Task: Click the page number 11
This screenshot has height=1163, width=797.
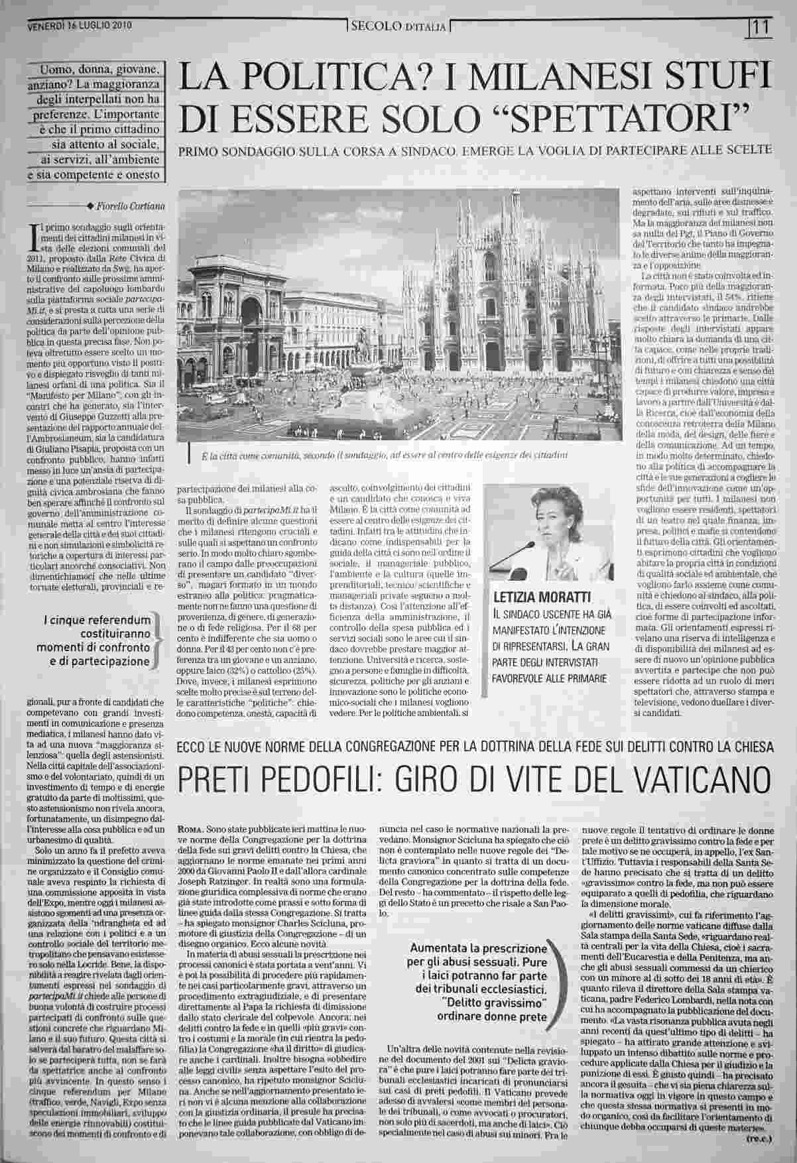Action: point(760,27)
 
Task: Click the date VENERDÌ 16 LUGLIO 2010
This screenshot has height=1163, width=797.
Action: point(80,26)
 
